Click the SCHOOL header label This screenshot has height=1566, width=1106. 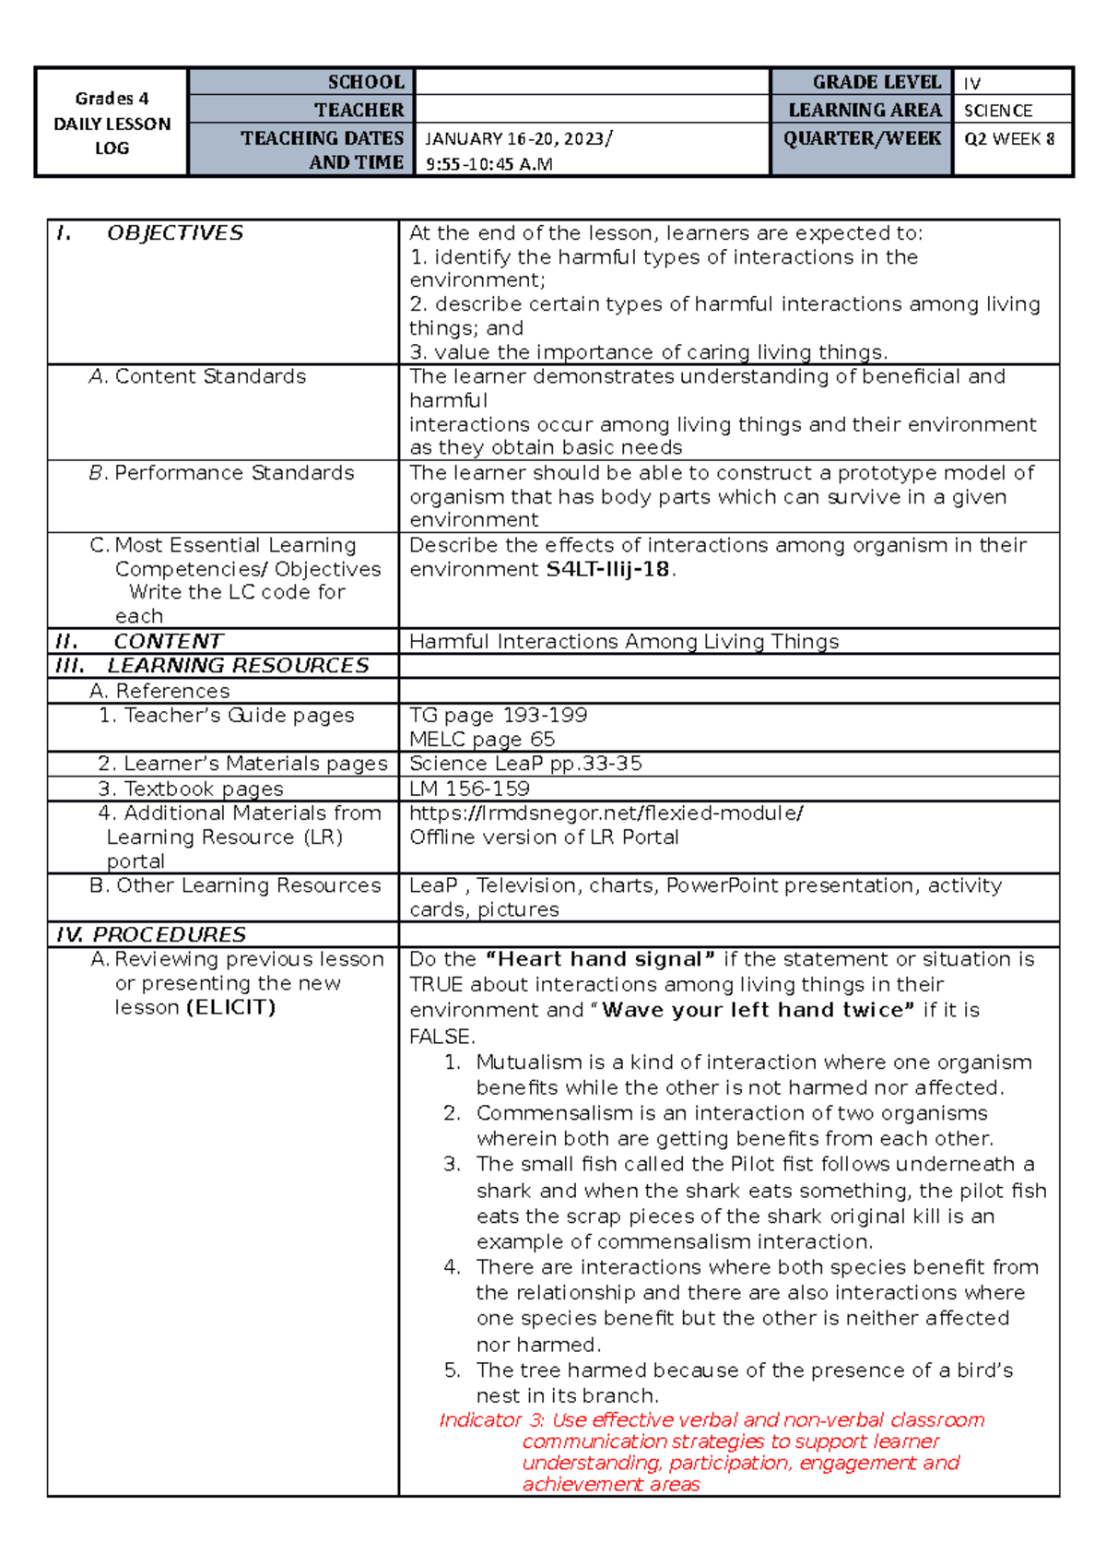365,82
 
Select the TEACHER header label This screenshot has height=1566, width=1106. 359,110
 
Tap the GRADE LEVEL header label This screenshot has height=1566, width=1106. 877,82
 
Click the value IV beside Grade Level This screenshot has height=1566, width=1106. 971,83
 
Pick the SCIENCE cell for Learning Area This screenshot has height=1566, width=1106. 997,111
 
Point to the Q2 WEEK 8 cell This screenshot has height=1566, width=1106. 1008,138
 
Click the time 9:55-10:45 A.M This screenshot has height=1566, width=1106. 488,165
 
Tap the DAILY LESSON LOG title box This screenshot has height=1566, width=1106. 112,123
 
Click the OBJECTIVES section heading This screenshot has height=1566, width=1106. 174,232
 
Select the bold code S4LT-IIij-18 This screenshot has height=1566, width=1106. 607,569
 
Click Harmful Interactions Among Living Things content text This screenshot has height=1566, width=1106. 624,641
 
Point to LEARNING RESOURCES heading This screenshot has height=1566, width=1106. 237,665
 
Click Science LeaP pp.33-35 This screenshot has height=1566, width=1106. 525,764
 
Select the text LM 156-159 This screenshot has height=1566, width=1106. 469,789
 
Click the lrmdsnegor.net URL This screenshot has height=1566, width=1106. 606,813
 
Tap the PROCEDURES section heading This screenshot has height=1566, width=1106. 169,934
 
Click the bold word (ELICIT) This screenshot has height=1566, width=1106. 230,1007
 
